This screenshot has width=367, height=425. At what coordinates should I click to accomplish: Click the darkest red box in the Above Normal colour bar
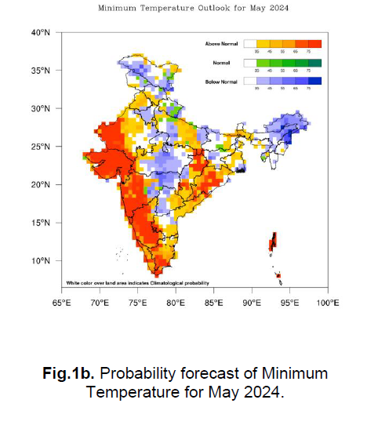314,45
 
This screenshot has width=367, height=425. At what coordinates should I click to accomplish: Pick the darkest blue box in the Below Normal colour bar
314,80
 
